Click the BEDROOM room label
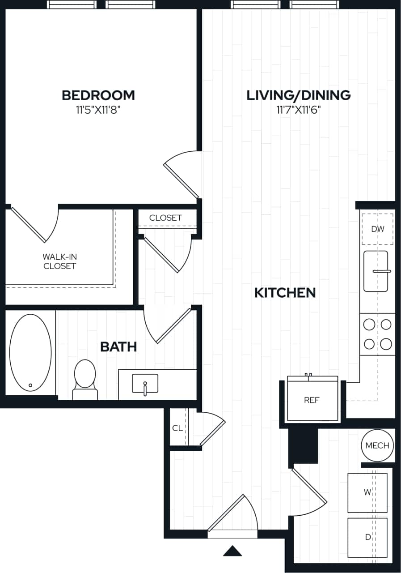[98, 95]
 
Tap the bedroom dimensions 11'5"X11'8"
[98, 110]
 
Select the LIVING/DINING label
[299, 95]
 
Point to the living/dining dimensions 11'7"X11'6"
[299, 110]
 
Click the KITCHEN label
[285, 293]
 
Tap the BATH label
[118, 346]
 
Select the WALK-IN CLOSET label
[59, 261]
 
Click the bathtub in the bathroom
[30, 353]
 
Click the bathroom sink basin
[145, 384]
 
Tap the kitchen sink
[376, 271]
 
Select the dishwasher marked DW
[377, 229]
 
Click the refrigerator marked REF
[312, 400]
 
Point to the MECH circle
[377, 445]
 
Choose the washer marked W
[367, 492]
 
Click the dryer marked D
[367, 537]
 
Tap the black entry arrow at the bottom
[232, 551]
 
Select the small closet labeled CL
[177, 428]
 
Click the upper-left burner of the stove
[369, 324]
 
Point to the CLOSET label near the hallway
[165, 218]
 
